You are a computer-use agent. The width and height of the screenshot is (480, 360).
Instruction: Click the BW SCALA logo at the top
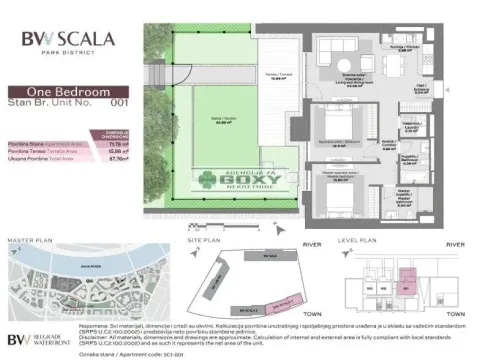pos(67,40)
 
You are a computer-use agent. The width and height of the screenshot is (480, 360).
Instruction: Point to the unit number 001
pos(117,102)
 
